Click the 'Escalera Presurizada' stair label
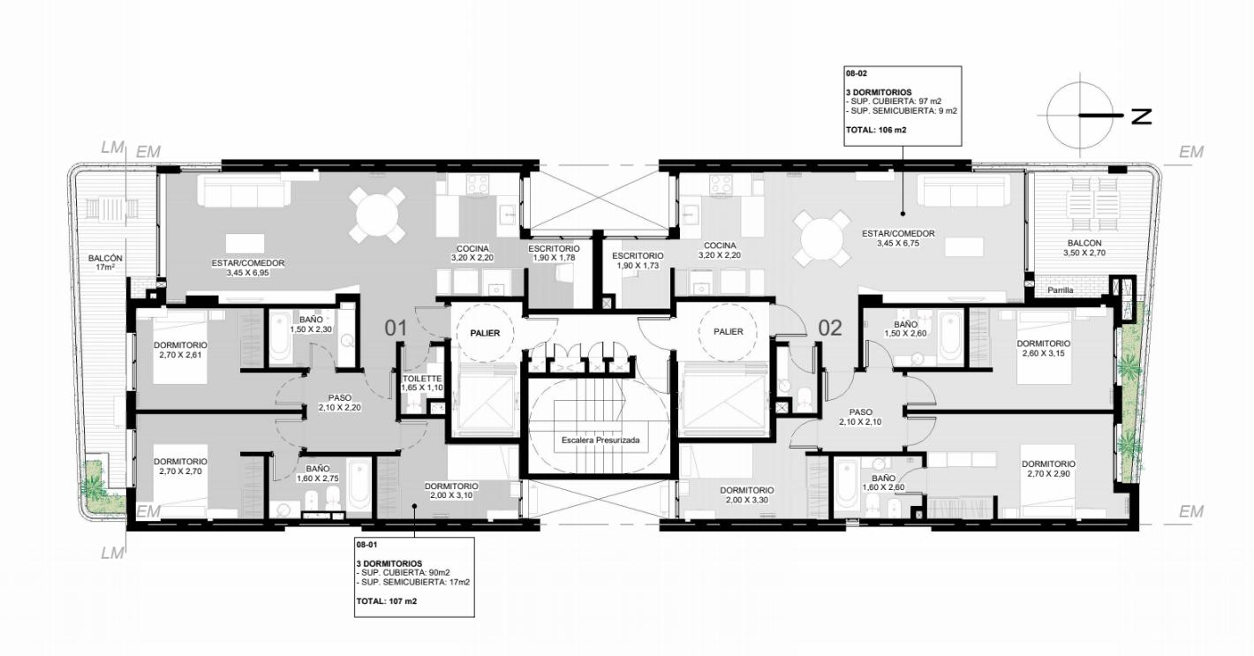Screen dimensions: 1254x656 tap(601, 440)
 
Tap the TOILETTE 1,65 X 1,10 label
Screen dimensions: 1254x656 tap(422, 383)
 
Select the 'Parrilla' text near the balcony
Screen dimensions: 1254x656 tap(1061, 290)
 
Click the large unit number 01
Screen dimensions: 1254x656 tap(396, 328)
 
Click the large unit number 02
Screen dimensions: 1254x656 tap(829, 328)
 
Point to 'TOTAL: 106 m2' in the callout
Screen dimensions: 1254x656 tap(876, 130)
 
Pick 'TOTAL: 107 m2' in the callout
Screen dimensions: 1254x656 tap(386, 601)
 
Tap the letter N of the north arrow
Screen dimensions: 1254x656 tap(1141, 116)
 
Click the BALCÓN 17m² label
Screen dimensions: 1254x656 tap(105, 263)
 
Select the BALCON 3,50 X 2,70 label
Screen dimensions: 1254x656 tap(1084, 248)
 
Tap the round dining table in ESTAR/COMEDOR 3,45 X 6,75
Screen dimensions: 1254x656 tap(821, 238)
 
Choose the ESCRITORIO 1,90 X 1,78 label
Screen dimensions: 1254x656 tap(554, 253)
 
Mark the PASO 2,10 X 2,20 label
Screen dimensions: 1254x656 tap(340, 403)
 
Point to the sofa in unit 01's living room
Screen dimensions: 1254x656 tap(247, 191)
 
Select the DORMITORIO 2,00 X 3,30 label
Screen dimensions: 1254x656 tap(747, 494)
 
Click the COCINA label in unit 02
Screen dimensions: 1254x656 tap(720, 245)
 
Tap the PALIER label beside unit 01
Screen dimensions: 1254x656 tap(485, 333)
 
